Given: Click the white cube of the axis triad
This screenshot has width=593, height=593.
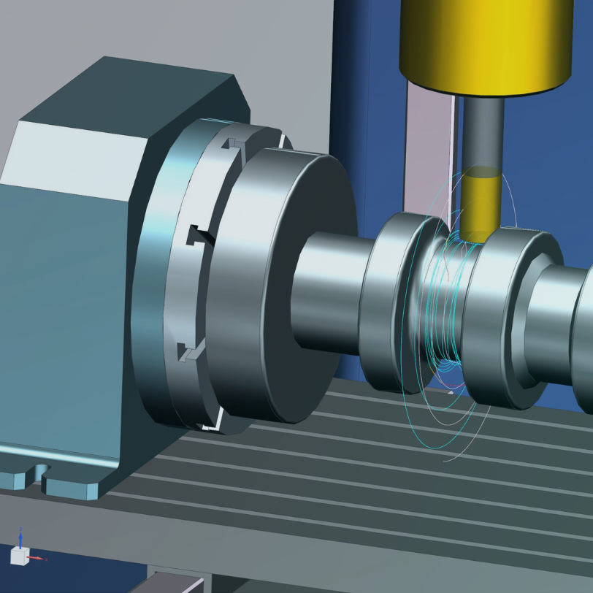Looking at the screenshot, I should pyautogui.click(x=19, y=556).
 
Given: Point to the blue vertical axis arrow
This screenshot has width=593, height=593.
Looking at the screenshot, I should pyautogui.click(x=21, y=537).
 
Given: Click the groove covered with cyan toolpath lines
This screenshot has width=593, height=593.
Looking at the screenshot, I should pyautogui.click(x=445, y=307).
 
